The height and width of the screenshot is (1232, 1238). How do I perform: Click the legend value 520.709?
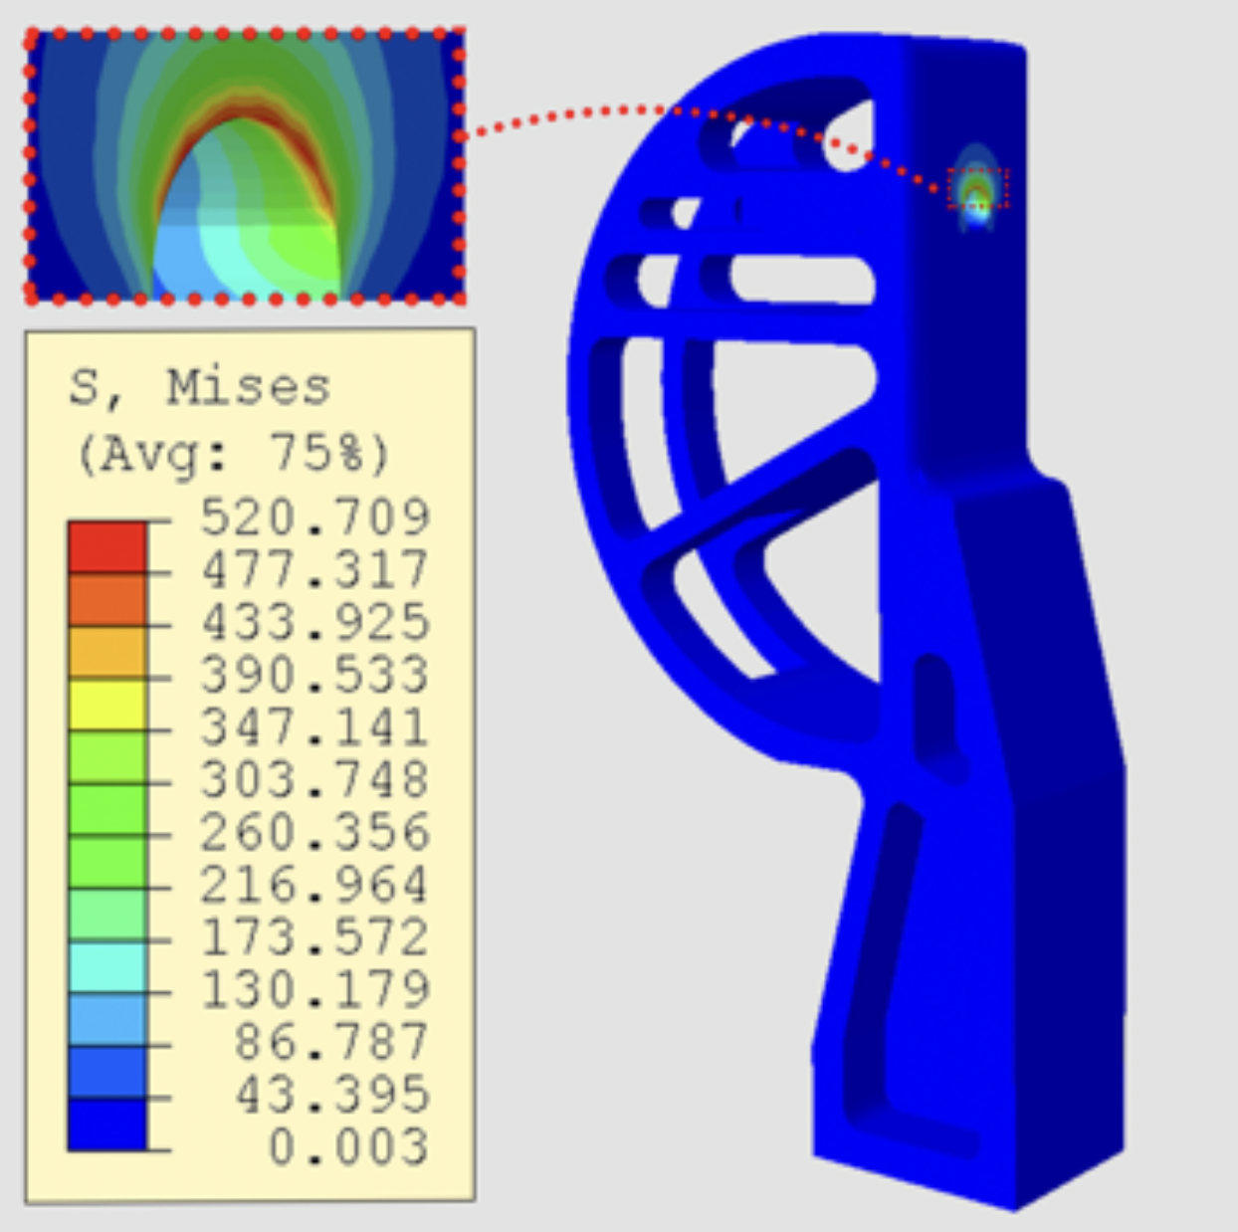pos(314,516)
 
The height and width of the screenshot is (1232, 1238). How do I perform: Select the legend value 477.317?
pos(314,569)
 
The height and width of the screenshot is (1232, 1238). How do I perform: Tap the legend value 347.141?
pos(314,726)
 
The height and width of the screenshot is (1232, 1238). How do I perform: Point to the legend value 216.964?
pos(314,884)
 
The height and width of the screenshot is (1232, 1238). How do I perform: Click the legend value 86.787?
pos(331,1042)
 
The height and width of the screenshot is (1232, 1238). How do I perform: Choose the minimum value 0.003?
pos(348,1147)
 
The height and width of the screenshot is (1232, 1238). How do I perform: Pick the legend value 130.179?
pos(314,989)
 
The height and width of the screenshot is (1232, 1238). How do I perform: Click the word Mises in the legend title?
pos(248,386)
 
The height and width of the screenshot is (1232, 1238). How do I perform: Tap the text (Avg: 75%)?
pos(233,454)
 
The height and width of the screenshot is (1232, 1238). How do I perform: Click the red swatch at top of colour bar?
pos(107,546)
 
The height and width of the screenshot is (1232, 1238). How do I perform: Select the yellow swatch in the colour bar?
pos(107,705)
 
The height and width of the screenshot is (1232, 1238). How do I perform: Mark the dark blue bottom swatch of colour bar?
pos(107,1125)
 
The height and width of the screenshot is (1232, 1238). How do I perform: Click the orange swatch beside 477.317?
pos(107,599)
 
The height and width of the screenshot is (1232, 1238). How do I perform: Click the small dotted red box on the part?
pos(977,188)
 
